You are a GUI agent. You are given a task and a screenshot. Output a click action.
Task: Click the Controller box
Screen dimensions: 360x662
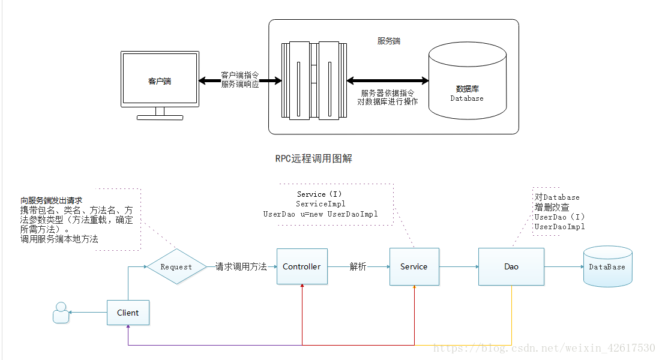click(x=302, y=266)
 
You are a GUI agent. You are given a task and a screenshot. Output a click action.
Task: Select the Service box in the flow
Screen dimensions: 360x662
click(x=414, y=266)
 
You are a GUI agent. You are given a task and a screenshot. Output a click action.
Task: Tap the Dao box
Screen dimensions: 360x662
click(x=511, y=266)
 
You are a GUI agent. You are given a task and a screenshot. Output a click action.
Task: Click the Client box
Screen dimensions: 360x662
click(x=128, y=313)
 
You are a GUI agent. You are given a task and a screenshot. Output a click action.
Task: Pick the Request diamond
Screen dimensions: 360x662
click(x=176, y=267)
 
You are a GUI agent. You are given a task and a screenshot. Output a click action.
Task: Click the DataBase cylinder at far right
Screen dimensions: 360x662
click(x=607, y=267)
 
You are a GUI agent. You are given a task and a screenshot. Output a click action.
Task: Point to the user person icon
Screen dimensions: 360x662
click(x=61, y=313)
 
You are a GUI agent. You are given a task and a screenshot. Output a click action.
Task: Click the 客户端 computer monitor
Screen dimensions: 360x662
click(x=160, y=80)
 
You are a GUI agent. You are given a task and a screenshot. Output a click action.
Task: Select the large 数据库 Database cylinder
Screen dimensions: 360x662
click(x=467, y=90)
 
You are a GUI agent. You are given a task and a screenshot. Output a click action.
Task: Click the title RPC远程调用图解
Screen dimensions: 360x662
click(x=313, y=158)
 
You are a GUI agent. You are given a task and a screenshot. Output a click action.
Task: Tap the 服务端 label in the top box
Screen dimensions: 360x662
click(x=389, y=41)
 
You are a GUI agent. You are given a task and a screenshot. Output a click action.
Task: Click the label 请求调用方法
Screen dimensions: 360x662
click(x=241, y=267)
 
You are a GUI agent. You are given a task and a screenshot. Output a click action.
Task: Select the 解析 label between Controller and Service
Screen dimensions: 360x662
click(x=358, y=267)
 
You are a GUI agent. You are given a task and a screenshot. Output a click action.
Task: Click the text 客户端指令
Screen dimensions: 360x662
click(x=240, y=75)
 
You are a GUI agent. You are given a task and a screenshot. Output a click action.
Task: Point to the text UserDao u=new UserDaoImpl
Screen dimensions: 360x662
click(x=320, y=214)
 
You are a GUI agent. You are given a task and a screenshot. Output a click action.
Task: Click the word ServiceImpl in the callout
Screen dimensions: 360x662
click(x=320, y=204)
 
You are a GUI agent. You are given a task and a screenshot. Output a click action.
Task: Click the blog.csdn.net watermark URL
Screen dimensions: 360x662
click(x=544, y=348)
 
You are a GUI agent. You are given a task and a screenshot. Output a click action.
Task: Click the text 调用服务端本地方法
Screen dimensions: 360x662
click(x=59, y=239)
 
